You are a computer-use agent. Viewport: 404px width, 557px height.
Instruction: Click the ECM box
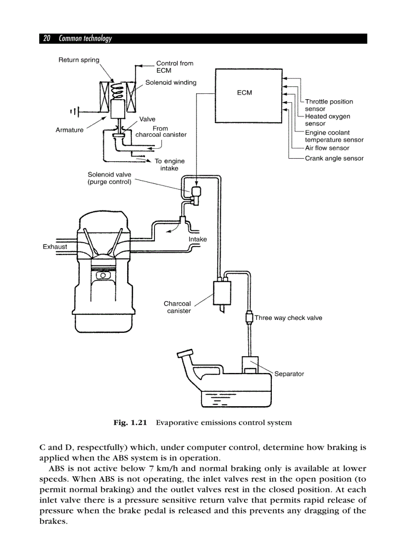(x=245, y=95)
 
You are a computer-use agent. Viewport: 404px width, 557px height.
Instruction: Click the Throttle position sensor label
(x=329, y=105)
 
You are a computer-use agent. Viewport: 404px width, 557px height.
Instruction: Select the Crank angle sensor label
(x=334, y=158)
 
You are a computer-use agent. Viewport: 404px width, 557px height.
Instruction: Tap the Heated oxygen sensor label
(x=327, y=120)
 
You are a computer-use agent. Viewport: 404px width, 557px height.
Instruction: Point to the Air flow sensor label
(x=327, y=148)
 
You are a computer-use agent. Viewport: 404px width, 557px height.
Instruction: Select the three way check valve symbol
(x=250, y=318)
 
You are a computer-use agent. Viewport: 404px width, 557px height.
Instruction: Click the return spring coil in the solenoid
(x=118, y=89)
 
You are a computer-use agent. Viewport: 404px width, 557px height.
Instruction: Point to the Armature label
(x=69, y=130)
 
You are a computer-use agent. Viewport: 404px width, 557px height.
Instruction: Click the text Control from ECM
(x=174, y=67)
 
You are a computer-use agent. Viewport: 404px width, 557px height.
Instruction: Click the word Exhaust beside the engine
(x=55, y=247)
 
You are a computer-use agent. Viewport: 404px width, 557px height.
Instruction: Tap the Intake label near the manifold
(x=198, y=239)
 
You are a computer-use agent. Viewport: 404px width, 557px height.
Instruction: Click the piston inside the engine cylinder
(x=103, y=274)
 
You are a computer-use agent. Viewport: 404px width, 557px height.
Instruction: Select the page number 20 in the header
(x=47, y=39)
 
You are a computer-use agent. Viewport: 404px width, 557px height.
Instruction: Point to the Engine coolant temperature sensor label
(x=334, y=136)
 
